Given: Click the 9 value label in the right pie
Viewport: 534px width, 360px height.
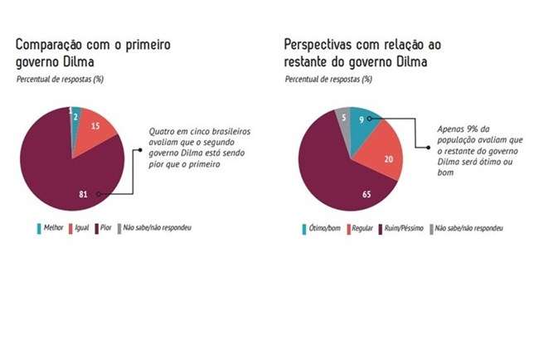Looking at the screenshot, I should [362, 120].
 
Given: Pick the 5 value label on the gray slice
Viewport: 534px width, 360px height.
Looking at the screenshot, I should [342, 117].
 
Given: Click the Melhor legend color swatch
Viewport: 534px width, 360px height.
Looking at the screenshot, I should [40, 227].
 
